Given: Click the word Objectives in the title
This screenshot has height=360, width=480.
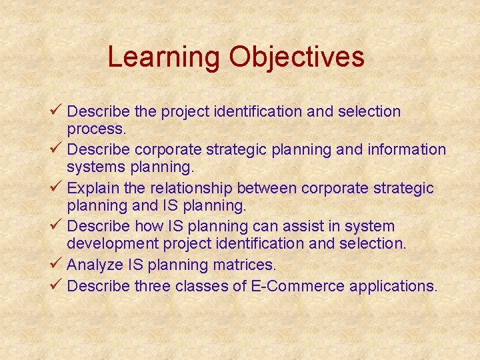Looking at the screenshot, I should tap(297, 57).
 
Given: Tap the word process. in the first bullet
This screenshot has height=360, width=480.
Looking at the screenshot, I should tap(96, 128).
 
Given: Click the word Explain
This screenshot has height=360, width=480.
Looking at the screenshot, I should tap(93, 189).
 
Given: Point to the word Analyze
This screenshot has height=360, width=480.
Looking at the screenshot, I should tap(94, 265).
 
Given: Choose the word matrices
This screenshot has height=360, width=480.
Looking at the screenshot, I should tap(245, 265).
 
